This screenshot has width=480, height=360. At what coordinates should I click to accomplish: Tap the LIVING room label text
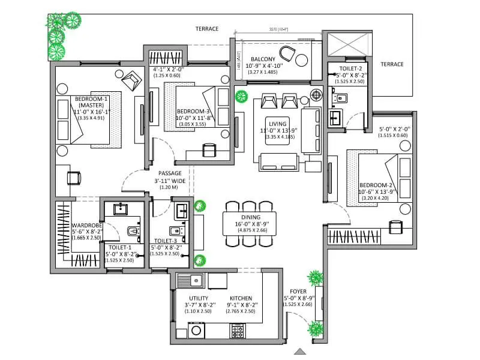(x=278, y=124)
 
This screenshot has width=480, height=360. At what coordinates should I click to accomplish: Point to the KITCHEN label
(x=241, y=298)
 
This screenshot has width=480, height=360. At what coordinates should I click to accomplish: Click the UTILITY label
(x=199, y=298)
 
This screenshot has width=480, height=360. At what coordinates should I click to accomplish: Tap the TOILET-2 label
(x=349, y=69)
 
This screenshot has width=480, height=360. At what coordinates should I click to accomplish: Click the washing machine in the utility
(x=197, y=329)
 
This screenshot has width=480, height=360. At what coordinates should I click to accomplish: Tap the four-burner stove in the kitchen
(x=238, y=329)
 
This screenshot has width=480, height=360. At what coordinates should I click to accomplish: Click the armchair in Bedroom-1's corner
(x=130, y=78)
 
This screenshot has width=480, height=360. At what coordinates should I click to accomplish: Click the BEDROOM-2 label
(x=376, y=184)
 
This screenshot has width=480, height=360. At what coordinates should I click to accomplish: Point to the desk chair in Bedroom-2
(x=395, y=227)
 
